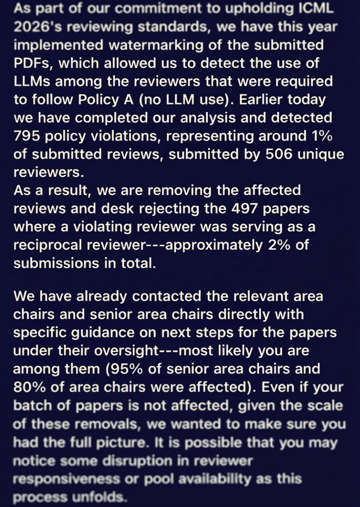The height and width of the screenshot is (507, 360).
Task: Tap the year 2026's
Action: tap(39, 27)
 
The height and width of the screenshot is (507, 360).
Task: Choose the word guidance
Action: tap(107, 332)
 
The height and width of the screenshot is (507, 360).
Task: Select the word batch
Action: tap(33, 405)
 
